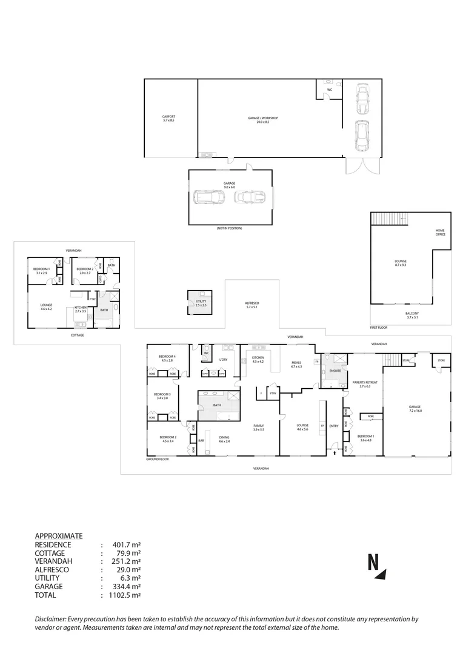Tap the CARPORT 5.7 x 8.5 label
[x=168, y=119]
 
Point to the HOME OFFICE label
[x=440, y=233]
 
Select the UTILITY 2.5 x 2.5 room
[x=200, y=303]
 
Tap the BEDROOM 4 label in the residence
[x=167, y=358]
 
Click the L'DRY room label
[x=223, y=360]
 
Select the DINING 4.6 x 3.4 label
[x=224, y=439]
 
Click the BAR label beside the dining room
[x=201, y=440]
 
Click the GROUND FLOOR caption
[x=157, y=460]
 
